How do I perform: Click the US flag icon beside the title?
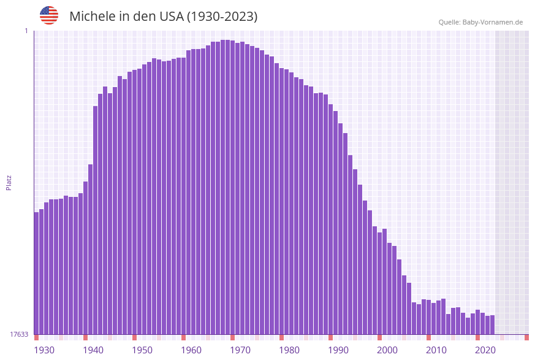pyautogui.click(x=49, y=16)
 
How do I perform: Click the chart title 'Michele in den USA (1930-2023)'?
pyautogui.click(x=163, y=17)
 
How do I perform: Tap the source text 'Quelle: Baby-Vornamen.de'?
pyautogui.click(x=480, y=22)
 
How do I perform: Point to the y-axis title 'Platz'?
pyautogui.click(x=9, y=182)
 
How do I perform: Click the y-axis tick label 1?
pyautogui.click(x=26, y=31)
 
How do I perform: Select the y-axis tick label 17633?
pyautogui.click(x=19, y=334)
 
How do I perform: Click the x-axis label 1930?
pyautogui.click(x=44, y=350)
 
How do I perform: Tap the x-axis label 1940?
pyautogui.click(x=93, y=350)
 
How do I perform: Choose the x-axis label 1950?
pyautogui.click(x=142, y=350)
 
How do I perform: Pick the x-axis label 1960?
pyautogui.click(x=191, y=350)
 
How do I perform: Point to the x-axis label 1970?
pyautogui.click(x=240, y=350)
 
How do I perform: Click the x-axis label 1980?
pyautogui.click(x=289, y=350)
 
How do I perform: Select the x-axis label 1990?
pyautogui.click(x=338, y=350)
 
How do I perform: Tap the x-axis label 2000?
pyautogui.click(x=387, y=350)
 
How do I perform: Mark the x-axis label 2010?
pyautogui.click(x=436, y=350)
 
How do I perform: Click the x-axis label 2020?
pyautogui.click(x=485, y=350)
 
